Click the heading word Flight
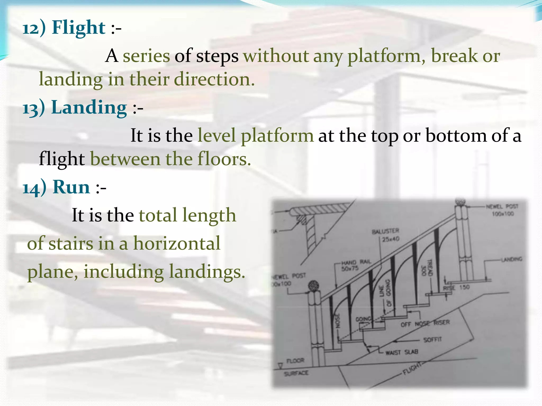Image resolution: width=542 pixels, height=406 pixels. (x=79, y=27)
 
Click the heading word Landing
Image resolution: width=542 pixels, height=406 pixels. (x=89, y=108)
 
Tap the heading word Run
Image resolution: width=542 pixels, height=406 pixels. (x=71, y=187)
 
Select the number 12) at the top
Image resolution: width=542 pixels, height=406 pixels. (x=34, y=28)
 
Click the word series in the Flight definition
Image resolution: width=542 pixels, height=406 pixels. (x=146, y=56)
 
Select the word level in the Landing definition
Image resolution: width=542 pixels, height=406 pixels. (x=216, y=136)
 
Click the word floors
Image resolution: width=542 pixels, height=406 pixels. (x=224, y=159)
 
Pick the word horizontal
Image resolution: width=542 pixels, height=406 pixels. (x=177, y=243)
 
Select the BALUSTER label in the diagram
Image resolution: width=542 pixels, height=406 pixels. (x=385, y=232)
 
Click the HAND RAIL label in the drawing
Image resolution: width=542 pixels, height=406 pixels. (x=356, y=262)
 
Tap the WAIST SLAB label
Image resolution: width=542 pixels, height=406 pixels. (x=401, y=352)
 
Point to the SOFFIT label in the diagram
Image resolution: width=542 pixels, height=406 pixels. (x=432, y=339)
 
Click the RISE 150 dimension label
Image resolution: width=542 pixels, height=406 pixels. (x=456, y=288)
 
